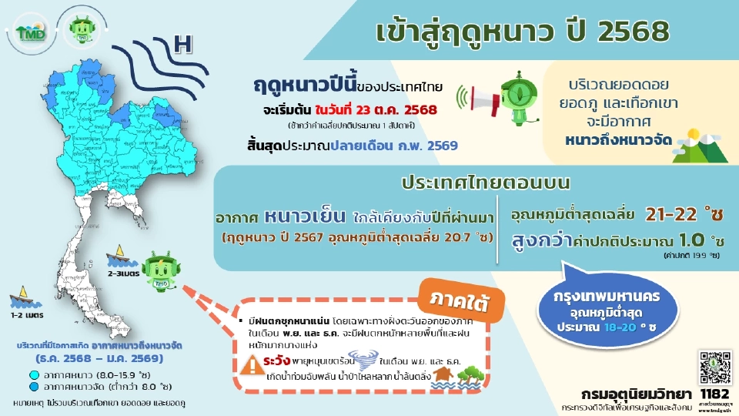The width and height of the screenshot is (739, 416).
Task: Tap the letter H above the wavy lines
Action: coord(182,45)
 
